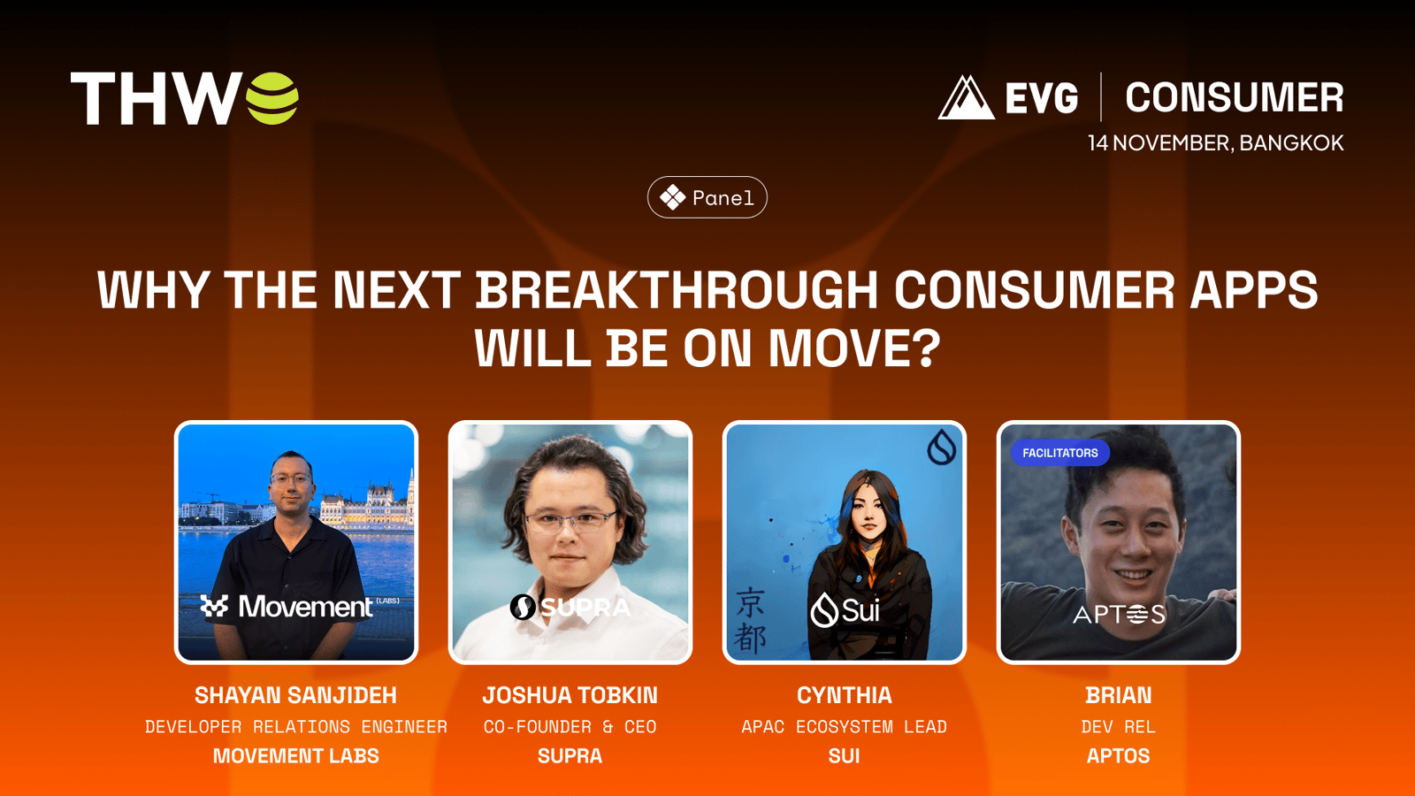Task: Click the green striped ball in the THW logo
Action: click(272, 98)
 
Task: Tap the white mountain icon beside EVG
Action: click(966, 97)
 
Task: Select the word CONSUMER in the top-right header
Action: click(1235, 97)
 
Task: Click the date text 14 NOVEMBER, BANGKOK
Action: click(1215, 142)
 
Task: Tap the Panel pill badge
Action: click(707, 197)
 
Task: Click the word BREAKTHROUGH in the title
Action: click(677, 290)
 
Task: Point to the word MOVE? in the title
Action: click(854, 348)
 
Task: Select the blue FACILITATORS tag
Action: click(1060, 453)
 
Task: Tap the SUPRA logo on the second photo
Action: click(570, 607)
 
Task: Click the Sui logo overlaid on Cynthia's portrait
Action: click(845, 610)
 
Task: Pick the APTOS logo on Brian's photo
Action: click(1119, 614)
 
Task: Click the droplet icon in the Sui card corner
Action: click(941, 447)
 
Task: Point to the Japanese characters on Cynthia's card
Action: click(751, 620)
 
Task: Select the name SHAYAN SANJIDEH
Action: click(295, 695)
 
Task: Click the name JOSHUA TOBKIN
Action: click(570, 695)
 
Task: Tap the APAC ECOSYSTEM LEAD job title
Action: click(844, 727)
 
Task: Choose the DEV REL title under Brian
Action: click(1118, 727)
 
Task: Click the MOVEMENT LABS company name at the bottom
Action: click(295, 756)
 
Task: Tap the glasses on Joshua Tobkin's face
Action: click(570, 521)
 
